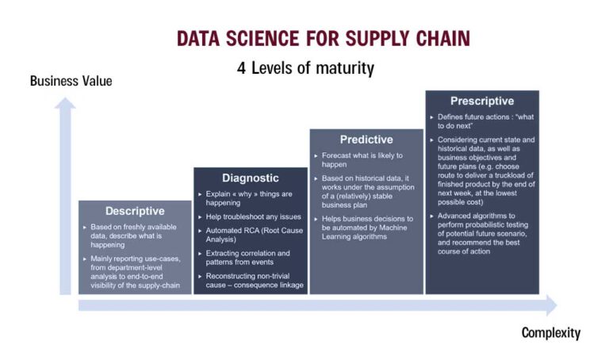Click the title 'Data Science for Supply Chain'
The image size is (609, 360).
point(323,38)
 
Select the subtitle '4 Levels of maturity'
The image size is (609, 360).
point(305,68)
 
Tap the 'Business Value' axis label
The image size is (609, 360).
point(71,81)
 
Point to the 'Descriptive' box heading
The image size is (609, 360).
point(135,211)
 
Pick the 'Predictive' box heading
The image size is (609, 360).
point(366,139)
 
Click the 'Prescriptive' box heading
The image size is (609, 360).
point(481,101)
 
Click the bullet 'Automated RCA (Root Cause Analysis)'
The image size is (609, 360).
point(247,235)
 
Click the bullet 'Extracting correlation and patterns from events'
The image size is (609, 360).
point(247,258)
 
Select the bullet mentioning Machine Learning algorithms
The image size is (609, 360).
point(366,227)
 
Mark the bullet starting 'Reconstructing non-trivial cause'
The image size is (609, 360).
point(250,281)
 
